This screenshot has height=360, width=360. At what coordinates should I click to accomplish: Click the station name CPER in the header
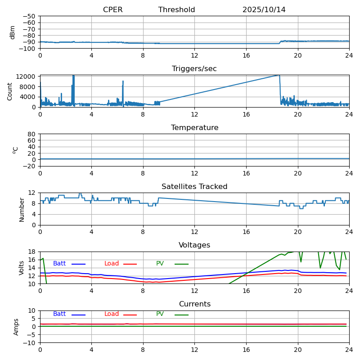coord(112,10)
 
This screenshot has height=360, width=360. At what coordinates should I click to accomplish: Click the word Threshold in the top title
coord(176,10)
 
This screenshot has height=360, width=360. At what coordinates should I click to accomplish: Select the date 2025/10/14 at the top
coord(264,10)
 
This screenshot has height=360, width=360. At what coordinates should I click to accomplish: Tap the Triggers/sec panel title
coord(194,69)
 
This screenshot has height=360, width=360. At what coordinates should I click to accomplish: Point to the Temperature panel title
coord(194,128)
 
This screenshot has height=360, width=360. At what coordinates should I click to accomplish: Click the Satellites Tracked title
coord(194,187)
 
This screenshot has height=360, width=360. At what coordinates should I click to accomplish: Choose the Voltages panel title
coord(194,245)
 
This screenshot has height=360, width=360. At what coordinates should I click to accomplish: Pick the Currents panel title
coord(194,304)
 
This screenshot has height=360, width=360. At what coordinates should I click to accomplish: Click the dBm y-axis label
coord(13,32)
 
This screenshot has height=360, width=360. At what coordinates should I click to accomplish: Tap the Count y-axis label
coord(10,91)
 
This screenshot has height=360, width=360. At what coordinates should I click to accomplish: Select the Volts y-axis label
coord(22,268)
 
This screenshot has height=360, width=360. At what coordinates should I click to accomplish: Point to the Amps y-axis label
coord(16,327)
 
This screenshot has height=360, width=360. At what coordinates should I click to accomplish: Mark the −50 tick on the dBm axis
coord(30,16)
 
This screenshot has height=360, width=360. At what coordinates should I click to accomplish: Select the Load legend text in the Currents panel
coord(112,314)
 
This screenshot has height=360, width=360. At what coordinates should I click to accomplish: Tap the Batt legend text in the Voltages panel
coord(59,264)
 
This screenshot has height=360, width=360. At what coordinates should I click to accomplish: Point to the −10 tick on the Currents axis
coord(30,343)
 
